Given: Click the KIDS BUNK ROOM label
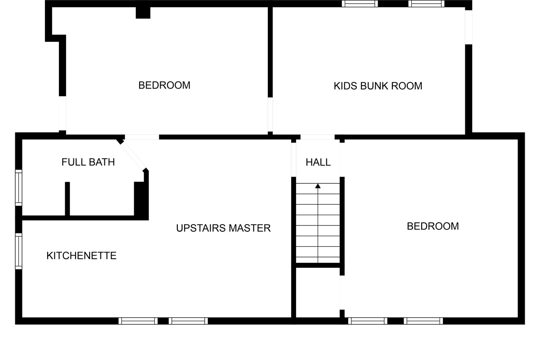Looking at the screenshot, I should pos(378,86).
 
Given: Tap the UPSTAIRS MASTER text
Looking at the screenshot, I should pos(223,228).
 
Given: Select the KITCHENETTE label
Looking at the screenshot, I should pos(81,256).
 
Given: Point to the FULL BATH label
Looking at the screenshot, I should pos(88,162).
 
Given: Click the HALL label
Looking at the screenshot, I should pos(318,162).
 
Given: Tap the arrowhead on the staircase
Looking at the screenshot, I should pos(318,185).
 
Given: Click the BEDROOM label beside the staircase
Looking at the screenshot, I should pos(432,226).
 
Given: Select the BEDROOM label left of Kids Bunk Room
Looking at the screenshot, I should pos(164,85).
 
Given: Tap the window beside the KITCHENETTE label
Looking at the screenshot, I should pos(18,251).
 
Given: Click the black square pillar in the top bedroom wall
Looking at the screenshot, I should pos(143,13).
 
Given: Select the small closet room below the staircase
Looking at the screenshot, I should pos(318,292).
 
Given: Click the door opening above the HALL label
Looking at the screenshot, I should pos(317,137).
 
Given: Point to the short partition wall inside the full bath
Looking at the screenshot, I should pos(67,198).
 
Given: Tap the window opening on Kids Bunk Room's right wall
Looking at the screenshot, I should pos(468,27).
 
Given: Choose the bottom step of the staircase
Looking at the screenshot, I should pos(318,259).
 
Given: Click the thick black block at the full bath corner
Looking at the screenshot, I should pos(141,201).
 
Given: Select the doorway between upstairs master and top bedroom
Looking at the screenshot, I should pos(142,137).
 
